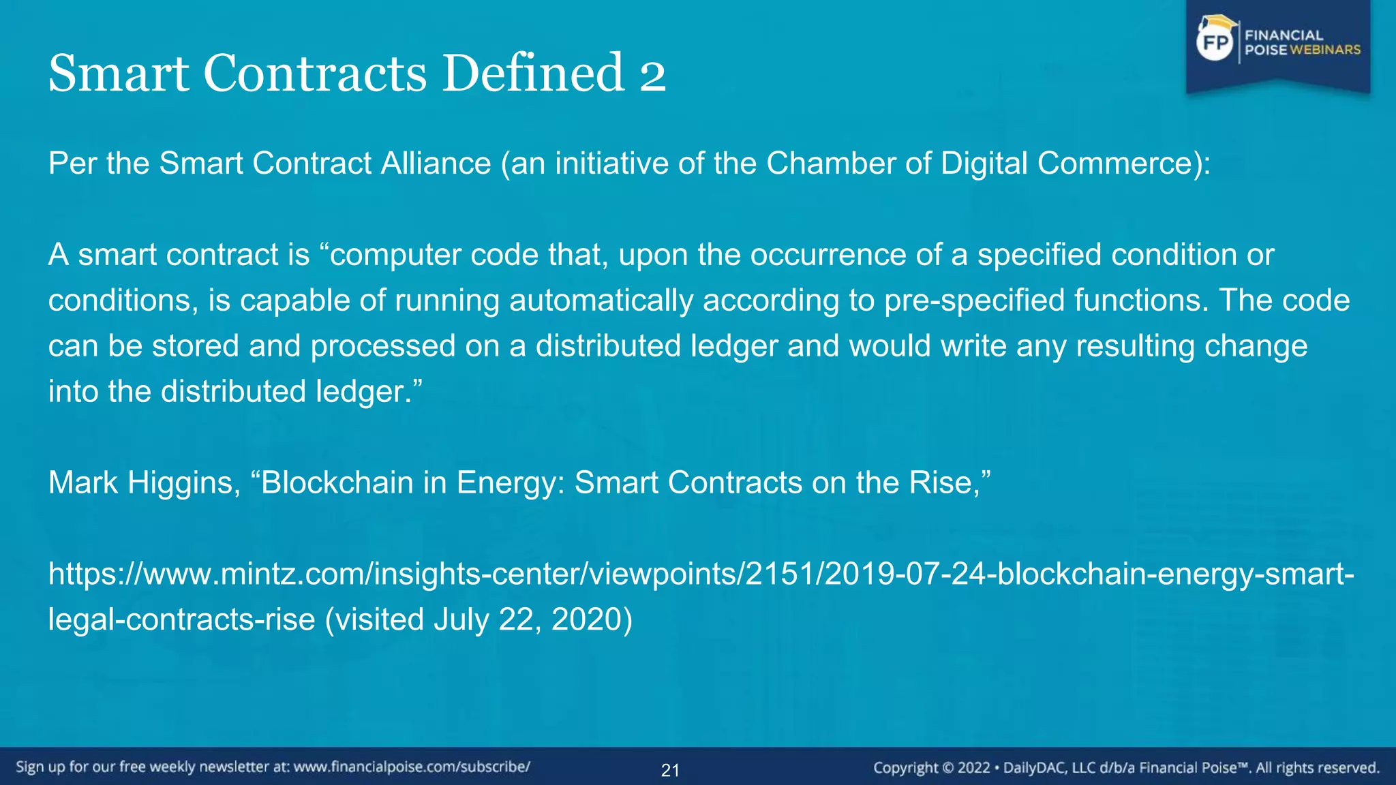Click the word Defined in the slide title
coord(533,73)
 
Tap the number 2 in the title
coord(652,74)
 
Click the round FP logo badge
coord(1216,42)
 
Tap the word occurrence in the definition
coord(828,255)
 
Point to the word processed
coord(383,346)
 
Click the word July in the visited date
coord(461,620)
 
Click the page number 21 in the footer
coord(670,771)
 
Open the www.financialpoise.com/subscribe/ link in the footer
coord(412,767)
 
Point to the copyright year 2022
coord(973,768)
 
